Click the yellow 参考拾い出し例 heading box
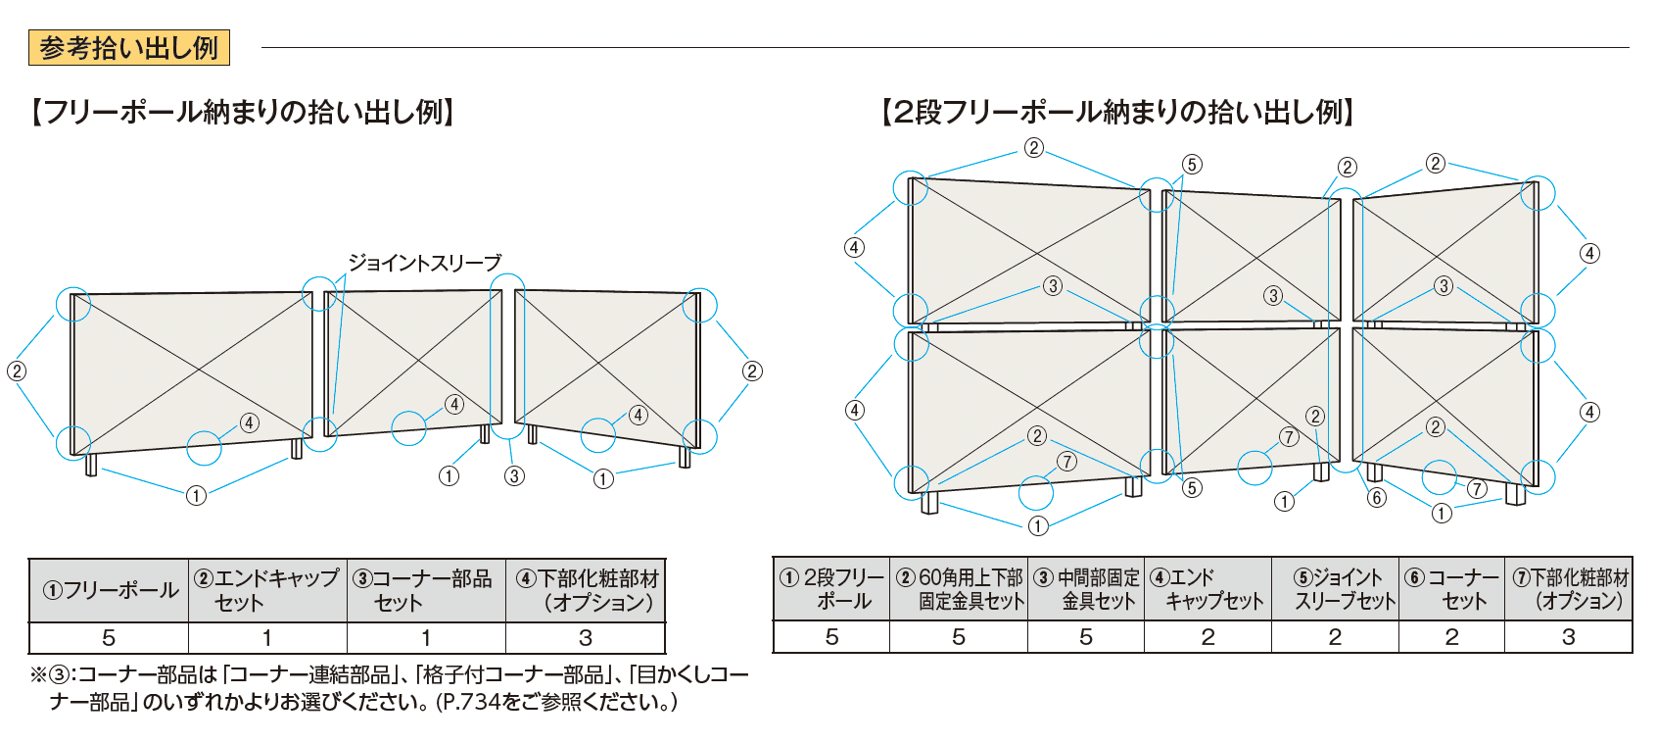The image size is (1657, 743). point(128,48)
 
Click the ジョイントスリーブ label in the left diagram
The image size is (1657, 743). point(424,263)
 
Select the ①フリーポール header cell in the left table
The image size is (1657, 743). point(109,590)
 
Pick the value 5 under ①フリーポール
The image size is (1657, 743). point(109,638)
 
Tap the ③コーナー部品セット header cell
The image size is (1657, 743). point(426,590)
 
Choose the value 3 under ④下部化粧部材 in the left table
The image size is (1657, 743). point(585,638)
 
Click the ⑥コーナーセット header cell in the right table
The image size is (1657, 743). point(1451,589)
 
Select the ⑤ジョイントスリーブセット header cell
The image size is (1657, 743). point(1335,589)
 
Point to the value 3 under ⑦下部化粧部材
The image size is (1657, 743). point(1568,637)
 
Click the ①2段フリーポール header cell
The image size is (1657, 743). point(831,589)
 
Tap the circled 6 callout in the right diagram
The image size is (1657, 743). point(1377,498)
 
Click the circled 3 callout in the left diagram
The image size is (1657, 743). point(514,476)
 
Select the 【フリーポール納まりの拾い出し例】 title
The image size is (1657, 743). point(243,112)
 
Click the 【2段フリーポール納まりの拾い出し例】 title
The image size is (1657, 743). point(1117,112)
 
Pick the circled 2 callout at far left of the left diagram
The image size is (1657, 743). point(16,371)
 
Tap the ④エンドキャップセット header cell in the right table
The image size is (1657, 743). point(1207,589)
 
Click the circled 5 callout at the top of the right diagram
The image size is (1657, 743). point(1192,164)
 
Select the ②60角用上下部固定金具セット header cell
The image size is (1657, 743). point(959,589)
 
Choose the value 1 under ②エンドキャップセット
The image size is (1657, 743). point(267,638)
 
